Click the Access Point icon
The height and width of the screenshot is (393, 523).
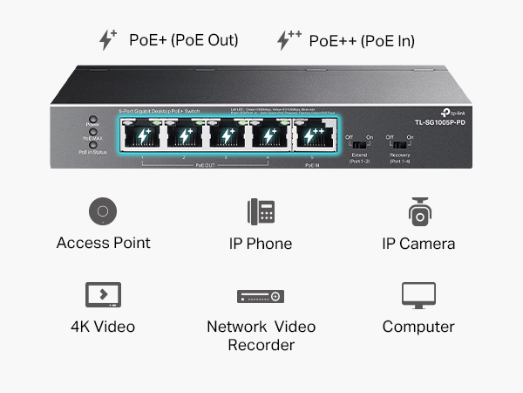tap(103, 212)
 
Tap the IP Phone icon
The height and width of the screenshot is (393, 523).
tap(261, 212)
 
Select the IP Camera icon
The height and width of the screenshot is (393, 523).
tap(419, 212)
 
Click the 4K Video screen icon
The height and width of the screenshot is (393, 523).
tap(103, 294)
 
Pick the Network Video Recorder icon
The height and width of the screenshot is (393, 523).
tap(261, 296)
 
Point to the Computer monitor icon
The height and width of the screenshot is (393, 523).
tap(419, 295)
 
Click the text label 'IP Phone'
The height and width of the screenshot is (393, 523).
tap(261, 244)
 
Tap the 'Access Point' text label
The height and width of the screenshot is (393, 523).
tap(103, 244)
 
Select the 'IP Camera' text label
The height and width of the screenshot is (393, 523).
tap(419, 244)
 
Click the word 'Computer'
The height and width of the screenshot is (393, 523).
tap(419, 327)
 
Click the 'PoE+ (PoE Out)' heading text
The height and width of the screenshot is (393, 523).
tap(183, 40)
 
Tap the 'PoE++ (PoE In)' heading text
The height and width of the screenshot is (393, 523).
tap(362, 40)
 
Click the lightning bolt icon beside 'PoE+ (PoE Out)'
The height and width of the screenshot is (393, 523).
tap(107, 39)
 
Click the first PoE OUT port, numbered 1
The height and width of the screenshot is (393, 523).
tap(143, 136)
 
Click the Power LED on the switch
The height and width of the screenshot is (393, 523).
tap(92, 119)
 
